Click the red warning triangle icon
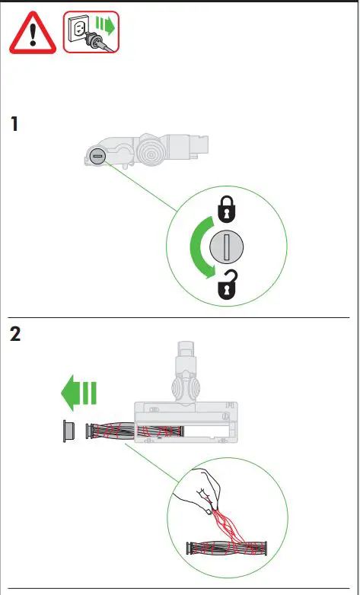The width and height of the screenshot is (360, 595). click(33, 33)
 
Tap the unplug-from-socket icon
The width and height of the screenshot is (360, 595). click(91, 32)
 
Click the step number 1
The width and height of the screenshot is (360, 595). click(14, 124)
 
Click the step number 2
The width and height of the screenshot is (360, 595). click(15, 335)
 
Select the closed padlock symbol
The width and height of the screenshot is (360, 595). click(227, 207)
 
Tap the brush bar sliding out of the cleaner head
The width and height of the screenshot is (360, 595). click(114, 430)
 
